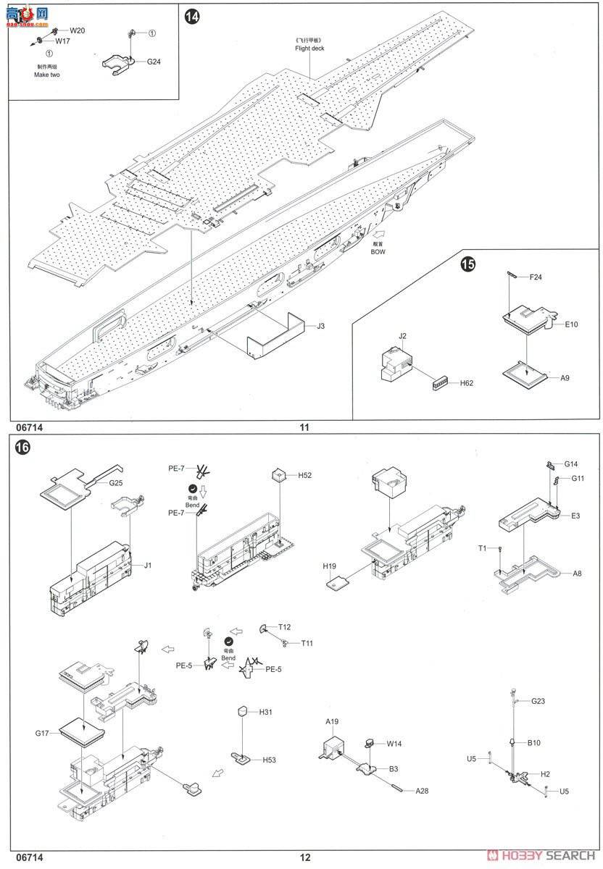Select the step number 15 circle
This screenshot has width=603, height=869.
pos(469,265)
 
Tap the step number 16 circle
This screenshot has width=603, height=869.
pos(22,448)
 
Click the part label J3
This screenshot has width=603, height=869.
pos(320,327)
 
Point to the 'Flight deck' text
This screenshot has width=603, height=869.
pos(309,49)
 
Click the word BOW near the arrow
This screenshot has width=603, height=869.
pos(378,252)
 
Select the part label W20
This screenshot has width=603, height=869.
pos(78,30)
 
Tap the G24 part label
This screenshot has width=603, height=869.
pos(154,62)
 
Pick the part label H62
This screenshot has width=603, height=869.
pos(465,383)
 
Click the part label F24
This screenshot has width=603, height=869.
pos(536,277)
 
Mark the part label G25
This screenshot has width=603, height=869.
pos(116,482)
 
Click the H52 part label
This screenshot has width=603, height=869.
pos(304,475)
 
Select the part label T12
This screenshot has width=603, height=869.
pos(284,627)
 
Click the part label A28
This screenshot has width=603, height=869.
pos(422,791)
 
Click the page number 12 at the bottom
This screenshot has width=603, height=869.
pos(304,857)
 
